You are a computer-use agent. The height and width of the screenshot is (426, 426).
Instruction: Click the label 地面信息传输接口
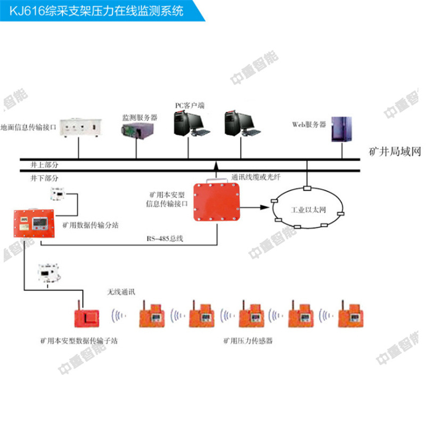[26, 127]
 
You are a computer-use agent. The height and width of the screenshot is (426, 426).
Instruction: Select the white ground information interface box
[78, 127]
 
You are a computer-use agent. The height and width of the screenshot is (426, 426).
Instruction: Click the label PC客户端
[190, 105]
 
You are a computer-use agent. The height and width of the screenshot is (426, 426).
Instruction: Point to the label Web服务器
[309, 124]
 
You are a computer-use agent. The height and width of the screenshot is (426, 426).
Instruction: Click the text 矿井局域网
[395, 152]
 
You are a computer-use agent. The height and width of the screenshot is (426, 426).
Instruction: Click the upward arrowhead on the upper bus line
[216, 166]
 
